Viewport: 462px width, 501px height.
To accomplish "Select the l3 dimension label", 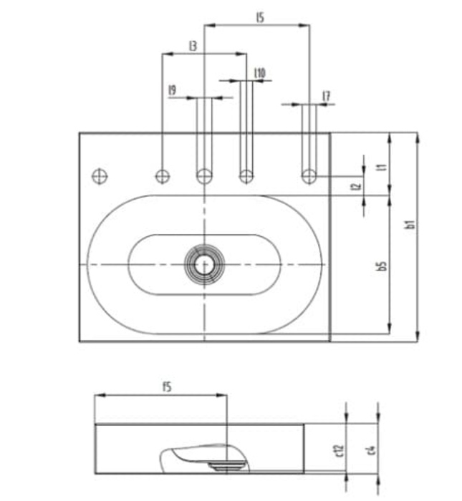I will coord(193,46).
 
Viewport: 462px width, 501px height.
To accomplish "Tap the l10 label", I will coord(260,72).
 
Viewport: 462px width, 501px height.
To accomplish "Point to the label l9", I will coord(172,90).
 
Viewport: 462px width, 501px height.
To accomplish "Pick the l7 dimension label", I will coord(326,95).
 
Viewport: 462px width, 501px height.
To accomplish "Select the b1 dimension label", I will coord(410,225).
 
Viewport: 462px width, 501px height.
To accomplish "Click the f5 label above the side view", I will coord(166,387).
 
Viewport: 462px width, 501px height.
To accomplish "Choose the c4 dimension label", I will coord(371,449).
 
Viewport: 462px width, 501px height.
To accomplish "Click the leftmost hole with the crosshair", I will coord(100,175).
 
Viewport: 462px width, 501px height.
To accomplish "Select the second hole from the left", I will coord(163,175).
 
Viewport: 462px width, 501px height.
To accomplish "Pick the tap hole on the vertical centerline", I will coord(205,175).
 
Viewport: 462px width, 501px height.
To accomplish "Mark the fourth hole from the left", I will coord(246,175).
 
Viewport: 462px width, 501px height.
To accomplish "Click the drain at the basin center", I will coord(205,264).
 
